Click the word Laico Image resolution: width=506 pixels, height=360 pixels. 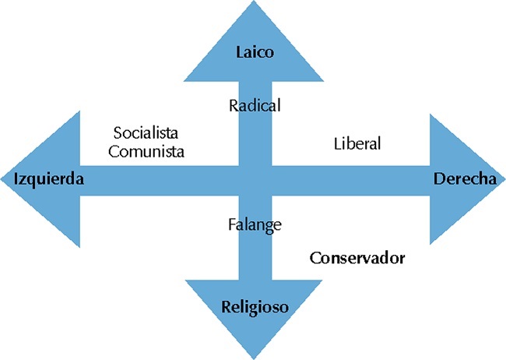pos(255,53)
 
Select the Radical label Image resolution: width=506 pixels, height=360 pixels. pos(255,105)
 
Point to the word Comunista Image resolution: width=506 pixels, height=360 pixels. pos(146,151)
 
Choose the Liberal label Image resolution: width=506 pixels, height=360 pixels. pos(357,143)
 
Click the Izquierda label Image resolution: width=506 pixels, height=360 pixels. pos(49,179)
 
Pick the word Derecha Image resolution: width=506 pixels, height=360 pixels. pos(464,178)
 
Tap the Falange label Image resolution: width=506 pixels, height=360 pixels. pos(255,224)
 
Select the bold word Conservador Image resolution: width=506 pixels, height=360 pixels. pos(357,257)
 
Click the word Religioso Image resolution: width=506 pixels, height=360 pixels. pos(254,307)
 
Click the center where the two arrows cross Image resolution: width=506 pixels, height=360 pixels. pos(255,179)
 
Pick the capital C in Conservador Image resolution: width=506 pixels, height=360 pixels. pos(314,257)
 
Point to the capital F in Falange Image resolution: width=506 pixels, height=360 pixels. pos(231,224)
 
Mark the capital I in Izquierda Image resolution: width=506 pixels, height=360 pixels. pos(17,179)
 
